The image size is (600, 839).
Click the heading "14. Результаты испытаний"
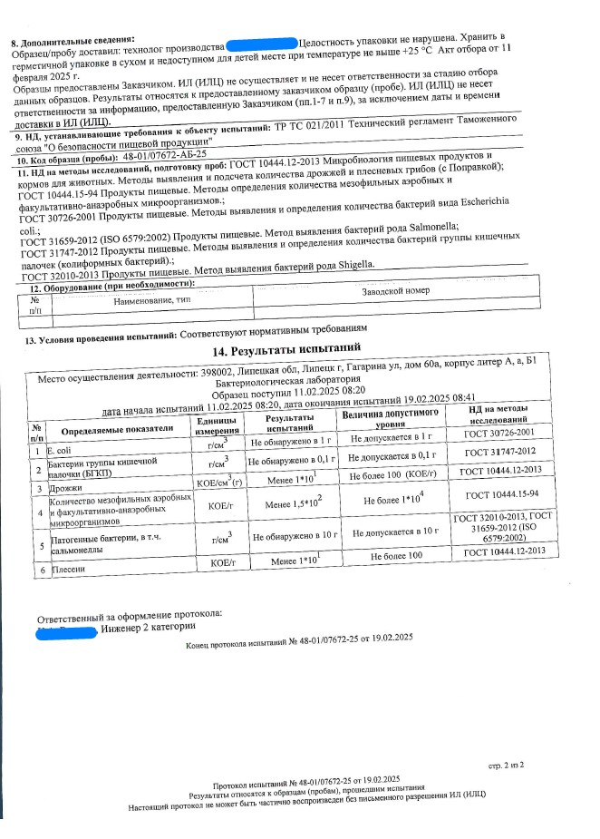(x=285, y=350)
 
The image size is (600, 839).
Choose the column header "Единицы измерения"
(x=217, y=424)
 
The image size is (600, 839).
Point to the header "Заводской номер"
(x=397, y=291)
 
